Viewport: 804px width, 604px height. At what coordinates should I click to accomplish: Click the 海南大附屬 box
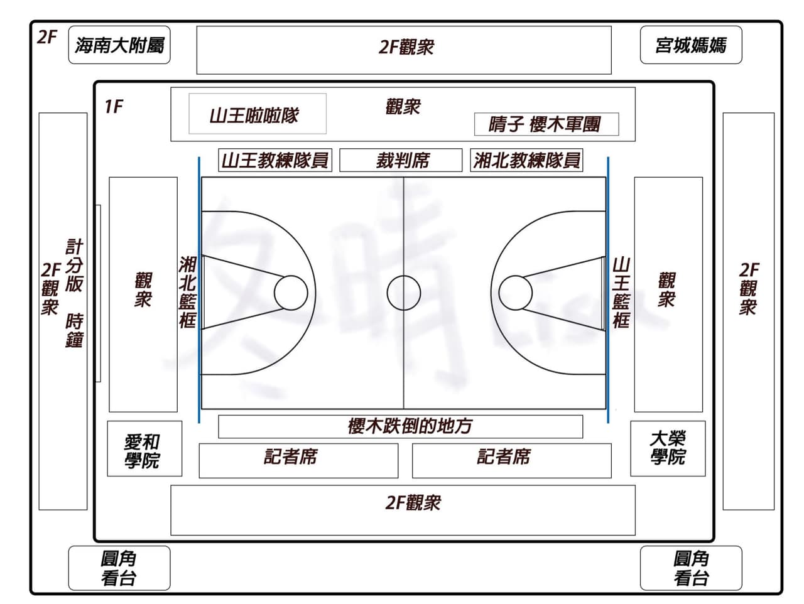pyautogui.click(x=119, y=45)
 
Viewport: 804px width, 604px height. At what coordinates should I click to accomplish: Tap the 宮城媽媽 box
pyautogui.click(x=690, y=45)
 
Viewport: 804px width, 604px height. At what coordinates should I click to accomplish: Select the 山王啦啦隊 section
pyautogui.click(x=257, y=114)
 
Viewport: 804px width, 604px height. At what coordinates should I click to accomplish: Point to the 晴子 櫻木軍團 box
pyautogui.click(x=546, y=124)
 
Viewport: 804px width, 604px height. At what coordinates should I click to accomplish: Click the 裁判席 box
pyautogui.click(x=401, y=160)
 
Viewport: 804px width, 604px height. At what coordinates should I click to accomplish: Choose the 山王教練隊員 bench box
pyautogui.click(x=274, y=160)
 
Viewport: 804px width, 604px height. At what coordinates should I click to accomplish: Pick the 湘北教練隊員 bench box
pyautogui.click(x=526, y=160)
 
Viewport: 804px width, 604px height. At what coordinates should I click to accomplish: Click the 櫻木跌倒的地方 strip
pyautogui.click(x=400, y=426)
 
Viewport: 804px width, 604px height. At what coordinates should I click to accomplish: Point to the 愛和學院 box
pyautogui.click(x=144, y=448)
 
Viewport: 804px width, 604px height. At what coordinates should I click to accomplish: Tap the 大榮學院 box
pyautogui.click(x=667, y=448)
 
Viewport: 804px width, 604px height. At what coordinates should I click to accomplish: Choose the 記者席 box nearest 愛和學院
pyautogui.click(x=298, y=460)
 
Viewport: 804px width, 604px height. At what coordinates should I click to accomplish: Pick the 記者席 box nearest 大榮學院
pyautogui.click(x=511, y=460)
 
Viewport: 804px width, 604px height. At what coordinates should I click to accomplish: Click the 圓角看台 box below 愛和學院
pyautogui.click(x=119, y=568)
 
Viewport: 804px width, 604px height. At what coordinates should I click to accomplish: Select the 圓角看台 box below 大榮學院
pyautogui.click(x=690, y=568)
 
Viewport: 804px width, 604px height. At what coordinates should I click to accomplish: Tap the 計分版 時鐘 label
pyautogui.click(x=74, y=293)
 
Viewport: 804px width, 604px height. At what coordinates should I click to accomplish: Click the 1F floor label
pyautogui.click(x=114, y=107)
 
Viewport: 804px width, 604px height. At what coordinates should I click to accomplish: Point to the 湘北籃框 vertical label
pyautogui.click(x=188, y=292)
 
